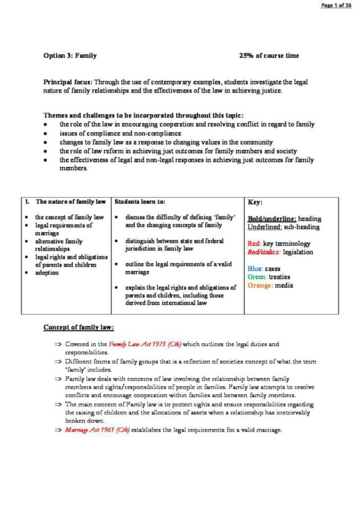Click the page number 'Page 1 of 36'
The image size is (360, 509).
(336, 5)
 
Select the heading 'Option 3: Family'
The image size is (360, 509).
(70, 56)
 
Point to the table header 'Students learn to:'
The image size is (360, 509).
(140, 202)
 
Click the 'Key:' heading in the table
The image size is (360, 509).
(255, 202)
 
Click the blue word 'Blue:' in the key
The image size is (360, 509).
(256, 268)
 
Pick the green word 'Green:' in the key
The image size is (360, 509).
(258, 277)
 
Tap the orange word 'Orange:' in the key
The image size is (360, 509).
(260, 286)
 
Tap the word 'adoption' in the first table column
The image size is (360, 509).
(47, 273)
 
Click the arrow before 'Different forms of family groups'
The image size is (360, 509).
(58, 362)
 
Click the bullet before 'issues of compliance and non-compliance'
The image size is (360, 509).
(47, 133)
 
